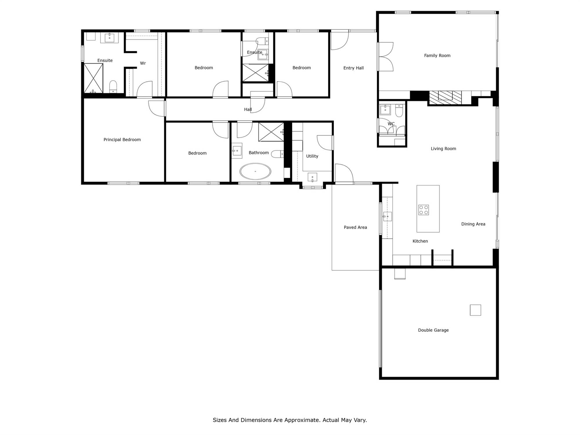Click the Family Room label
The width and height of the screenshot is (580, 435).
point(437,55)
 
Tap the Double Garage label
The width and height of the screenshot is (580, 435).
point(433,330)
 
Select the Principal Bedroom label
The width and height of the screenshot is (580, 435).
point(122,139)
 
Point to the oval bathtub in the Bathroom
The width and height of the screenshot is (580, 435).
point(255,171)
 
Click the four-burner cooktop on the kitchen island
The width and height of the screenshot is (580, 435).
point(423,210)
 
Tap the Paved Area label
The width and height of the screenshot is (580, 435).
point(355,227)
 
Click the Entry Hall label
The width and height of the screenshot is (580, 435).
point(353,68)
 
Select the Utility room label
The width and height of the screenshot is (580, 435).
point(312,156)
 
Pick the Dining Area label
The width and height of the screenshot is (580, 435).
point(473,224)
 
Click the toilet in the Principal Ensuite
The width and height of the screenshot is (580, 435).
point(113,86)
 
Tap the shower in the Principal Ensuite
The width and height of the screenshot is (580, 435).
point(93,78)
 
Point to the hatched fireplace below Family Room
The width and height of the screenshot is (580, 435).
point(445,97)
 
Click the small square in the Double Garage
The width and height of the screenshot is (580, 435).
point(475,310)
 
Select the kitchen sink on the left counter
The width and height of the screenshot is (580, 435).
point(387,216)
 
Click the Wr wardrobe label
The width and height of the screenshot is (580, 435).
point(143,63)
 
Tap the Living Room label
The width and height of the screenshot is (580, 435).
point(443,148)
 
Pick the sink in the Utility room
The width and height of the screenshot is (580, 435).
point(312,177)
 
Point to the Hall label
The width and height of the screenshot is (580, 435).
point(248,109)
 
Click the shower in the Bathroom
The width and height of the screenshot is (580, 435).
point(271,132)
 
